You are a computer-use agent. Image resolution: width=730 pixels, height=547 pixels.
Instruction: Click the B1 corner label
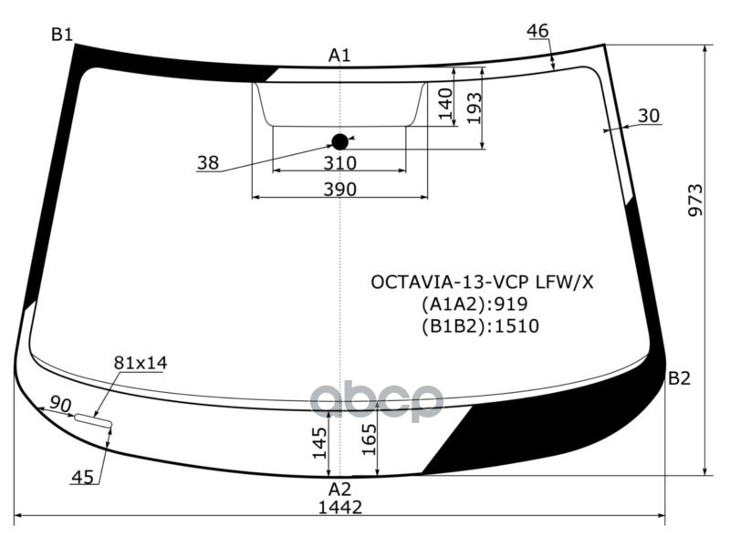[x=61, y=36]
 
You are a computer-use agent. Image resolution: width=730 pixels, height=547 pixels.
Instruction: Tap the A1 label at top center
[x=339, y=57]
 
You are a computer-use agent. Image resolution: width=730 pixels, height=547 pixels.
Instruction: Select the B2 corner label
[x=679, y=378]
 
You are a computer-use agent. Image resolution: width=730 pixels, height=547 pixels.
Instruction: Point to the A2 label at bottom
[x=339, y=489]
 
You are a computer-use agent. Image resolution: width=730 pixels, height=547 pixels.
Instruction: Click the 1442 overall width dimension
[x=339, y=507]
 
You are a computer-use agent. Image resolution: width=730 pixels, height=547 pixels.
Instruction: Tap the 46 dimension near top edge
[x=538, y=32]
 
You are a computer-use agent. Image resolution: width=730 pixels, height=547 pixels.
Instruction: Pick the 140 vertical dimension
[x=445, y=104]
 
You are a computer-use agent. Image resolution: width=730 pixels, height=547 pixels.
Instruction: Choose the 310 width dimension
[x=339, y=163]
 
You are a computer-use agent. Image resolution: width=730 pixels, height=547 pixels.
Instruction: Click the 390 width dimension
[x=339, y=189]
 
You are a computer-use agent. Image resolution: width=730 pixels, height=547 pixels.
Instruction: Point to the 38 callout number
[x=207, y=163]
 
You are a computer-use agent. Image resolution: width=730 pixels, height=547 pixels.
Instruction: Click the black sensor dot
[x=339, y=141]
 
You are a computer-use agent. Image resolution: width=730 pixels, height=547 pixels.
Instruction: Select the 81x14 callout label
[x=141, y=363]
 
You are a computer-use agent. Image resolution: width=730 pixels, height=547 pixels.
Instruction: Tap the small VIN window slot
[x=92, y=420]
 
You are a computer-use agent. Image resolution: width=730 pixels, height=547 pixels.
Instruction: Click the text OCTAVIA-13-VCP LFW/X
[x=481, y=282]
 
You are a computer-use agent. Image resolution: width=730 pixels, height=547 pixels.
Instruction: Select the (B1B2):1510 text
[x=480, y=326]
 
